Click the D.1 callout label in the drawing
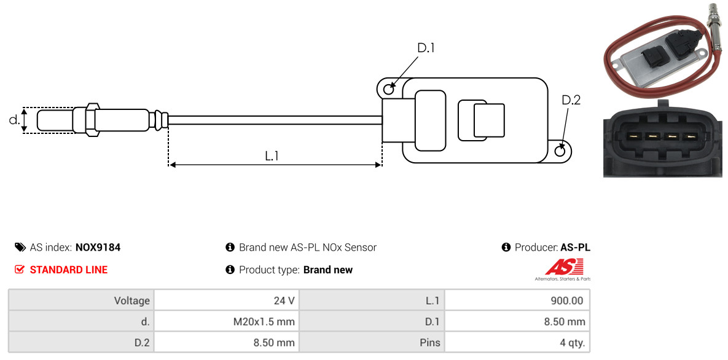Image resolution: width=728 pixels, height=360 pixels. [426, 47]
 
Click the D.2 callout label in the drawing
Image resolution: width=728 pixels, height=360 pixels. [571, 100]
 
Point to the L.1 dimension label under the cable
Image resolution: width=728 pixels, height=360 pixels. [272, 156]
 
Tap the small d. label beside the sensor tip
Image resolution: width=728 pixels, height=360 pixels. [14, 120]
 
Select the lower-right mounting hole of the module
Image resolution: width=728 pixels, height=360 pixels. [560, 151]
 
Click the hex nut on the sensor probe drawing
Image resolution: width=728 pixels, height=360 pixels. [92, 119]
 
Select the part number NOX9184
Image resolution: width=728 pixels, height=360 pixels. [98, 248]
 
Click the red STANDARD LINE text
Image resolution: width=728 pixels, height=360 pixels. [69, 270]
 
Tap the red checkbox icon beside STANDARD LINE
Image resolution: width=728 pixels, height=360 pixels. [20, 270]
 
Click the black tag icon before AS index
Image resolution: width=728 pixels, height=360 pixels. [20, 247]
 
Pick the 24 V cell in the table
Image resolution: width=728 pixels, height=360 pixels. [226, 300]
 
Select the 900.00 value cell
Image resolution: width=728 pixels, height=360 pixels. [517, 300]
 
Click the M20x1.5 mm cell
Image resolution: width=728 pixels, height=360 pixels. [226, 321]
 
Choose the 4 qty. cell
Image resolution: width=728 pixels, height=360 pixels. [517, 343]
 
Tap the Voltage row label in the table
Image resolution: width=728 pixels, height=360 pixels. [132, 301]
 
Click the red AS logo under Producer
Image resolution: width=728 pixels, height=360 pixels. [563, 268]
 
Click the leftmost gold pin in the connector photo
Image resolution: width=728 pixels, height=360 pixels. [632, 136]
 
